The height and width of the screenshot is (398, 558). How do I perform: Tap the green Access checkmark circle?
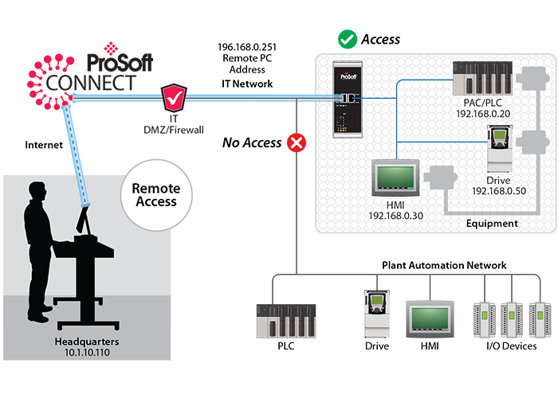pyautogui.click(x=346, y=38)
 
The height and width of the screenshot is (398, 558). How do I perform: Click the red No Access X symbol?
pyautogui.click(x=297, y=143)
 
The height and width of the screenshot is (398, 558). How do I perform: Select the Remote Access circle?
pyautogui.click(x=155, y=196)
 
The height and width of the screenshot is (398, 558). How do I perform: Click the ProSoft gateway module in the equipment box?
pyautogui.click(x=348, y=99)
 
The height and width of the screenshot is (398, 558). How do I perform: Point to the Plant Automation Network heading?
pyautogui.click(x=444, y=265)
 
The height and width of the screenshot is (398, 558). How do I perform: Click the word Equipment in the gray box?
pyautogui.click(x=491, y=224)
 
